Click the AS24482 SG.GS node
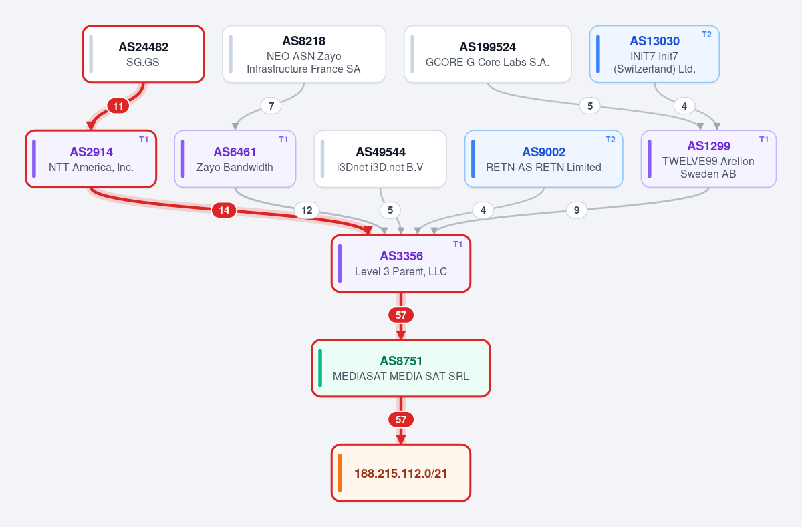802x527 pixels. tap(143, 54)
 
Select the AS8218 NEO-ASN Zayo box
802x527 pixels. tap(303, 54)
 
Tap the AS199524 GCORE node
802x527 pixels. tap(487, 54)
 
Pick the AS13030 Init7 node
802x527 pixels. tap(654, 54)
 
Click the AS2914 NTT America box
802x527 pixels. tap(91, 159)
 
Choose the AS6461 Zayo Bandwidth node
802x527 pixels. tap(235, 159)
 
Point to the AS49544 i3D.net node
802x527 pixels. tap(380, 159)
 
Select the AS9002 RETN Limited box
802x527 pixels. tap(543, 159)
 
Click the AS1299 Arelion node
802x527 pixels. tap(708, 159)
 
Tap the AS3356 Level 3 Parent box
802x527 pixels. tap(401, 264)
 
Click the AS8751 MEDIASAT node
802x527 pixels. tap(401, 368)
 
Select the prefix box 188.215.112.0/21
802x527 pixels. tap(401, 473)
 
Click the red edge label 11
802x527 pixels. tap(118, 106)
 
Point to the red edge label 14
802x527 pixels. tap(224, 210)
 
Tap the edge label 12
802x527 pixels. tap(307, 210)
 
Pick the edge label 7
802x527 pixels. tap(271, 106)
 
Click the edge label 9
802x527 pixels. tap(576, 210)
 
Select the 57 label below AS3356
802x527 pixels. tap(401, 315)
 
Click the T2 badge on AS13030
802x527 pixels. tap(706, 35)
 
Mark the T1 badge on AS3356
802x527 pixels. tap(458, 244)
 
